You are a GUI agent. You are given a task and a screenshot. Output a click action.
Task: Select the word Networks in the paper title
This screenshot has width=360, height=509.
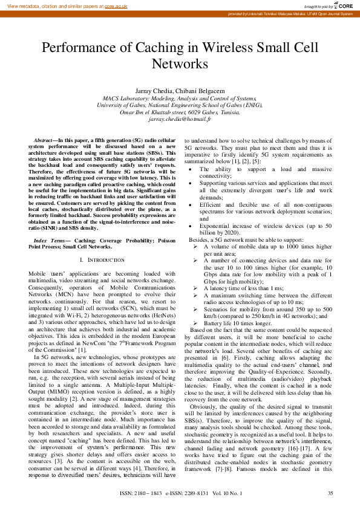coord(180,63)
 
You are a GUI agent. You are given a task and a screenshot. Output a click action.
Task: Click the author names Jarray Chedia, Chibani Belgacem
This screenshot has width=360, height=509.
coord(180,89)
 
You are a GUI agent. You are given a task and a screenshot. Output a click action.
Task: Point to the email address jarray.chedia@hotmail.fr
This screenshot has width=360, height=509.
coord(180,120)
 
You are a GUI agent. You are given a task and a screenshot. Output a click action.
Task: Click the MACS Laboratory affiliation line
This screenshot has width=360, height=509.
coord(180,97)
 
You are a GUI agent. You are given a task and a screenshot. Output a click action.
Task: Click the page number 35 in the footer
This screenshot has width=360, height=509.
coord(330,493)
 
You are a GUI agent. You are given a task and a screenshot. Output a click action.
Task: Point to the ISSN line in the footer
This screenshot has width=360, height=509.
coord(182,493)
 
